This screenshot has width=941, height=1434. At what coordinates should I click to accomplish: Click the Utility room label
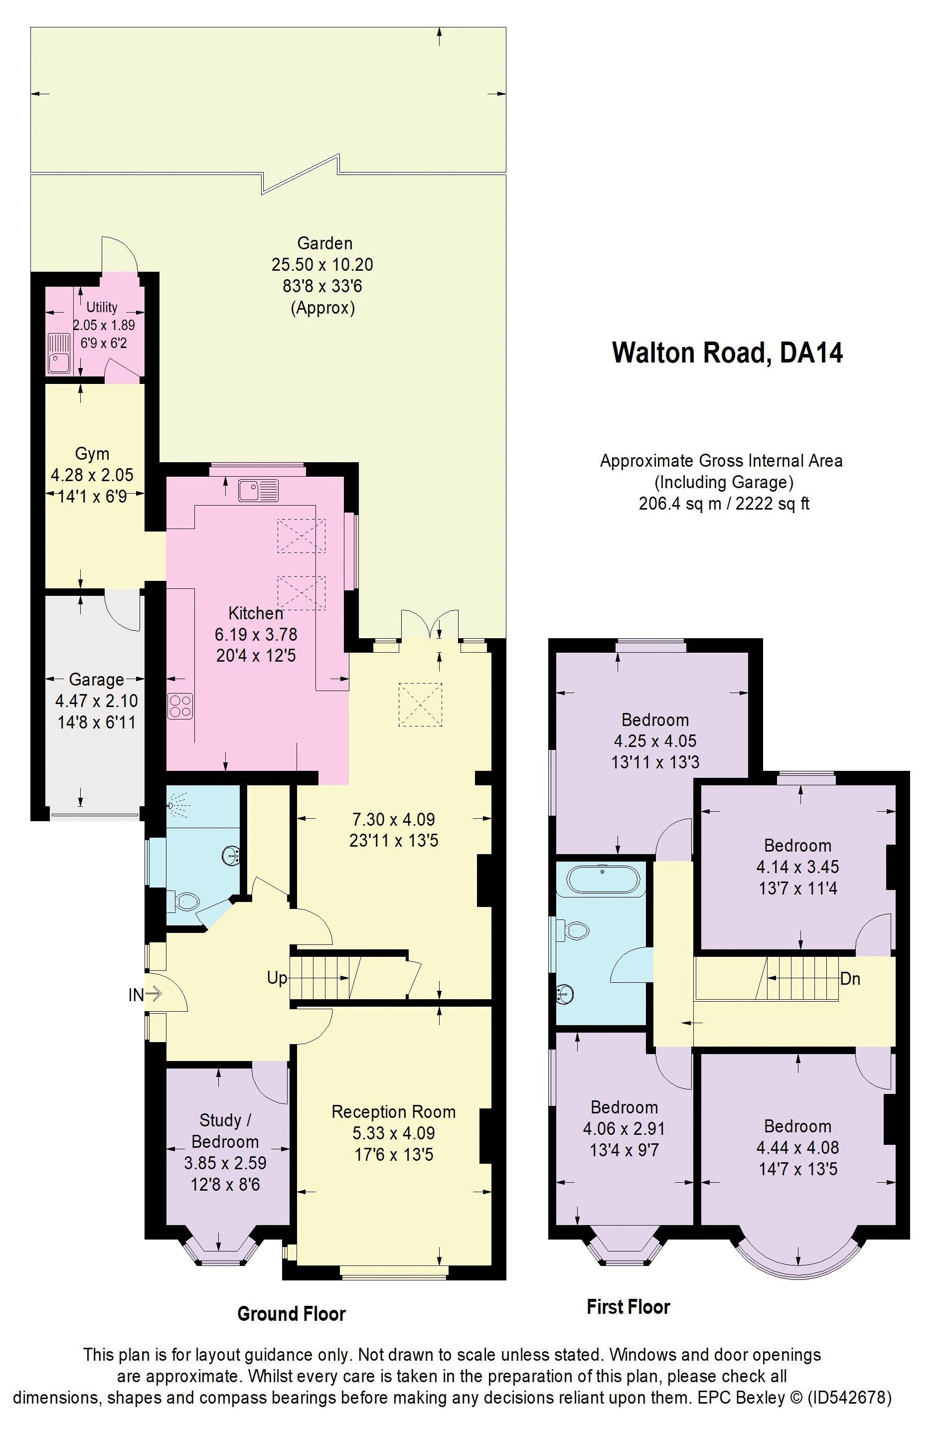[102, 307]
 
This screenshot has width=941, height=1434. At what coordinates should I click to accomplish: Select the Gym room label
[92, 454]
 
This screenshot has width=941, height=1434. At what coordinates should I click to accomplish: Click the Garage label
[96, 680]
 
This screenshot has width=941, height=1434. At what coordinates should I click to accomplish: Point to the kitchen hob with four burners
[181, 706]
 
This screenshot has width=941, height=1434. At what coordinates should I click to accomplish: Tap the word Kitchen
[255, 613]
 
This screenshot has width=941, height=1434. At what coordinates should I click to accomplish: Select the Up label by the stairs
[277, 978]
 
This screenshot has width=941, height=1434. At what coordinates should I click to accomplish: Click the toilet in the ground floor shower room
[184, 901]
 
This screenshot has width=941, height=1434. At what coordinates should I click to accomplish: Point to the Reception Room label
[393, 1112]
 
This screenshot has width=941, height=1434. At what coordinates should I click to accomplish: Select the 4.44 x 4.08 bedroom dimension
[797, 1148]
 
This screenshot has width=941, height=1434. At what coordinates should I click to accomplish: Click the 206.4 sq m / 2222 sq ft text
[724, 504]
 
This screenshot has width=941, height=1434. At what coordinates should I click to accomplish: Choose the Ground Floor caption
[292, 1313]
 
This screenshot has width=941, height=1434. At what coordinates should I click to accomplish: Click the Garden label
[324, 243]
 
